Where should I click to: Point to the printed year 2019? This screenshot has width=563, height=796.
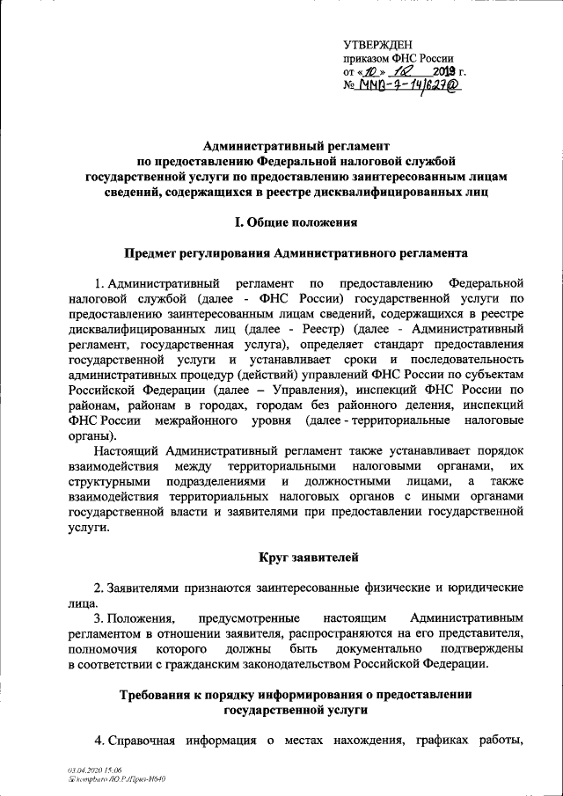442,72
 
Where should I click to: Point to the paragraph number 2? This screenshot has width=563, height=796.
98,587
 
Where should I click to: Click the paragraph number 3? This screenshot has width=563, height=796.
98,618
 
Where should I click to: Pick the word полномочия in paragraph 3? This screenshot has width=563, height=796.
103,648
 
